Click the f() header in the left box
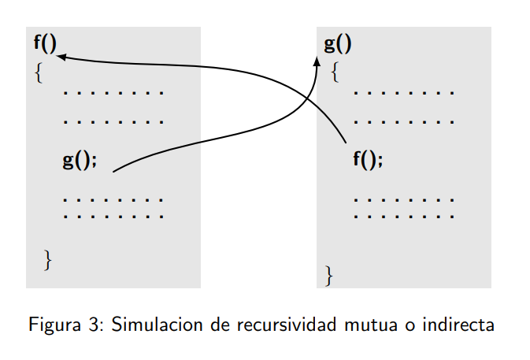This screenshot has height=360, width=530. pos(45,43)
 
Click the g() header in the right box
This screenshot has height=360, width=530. pos(338,43)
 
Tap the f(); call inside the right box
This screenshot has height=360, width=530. pos(368,160)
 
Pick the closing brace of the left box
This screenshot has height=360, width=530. pos(48,258)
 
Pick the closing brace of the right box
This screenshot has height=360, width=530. pos(329,276)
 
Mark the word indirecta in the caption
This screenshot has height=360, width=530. pos(458,325)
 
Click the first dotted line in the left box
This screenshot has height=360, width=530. pos(113,93)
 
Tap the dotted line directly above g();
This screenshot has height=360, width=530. pos(113,123)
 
